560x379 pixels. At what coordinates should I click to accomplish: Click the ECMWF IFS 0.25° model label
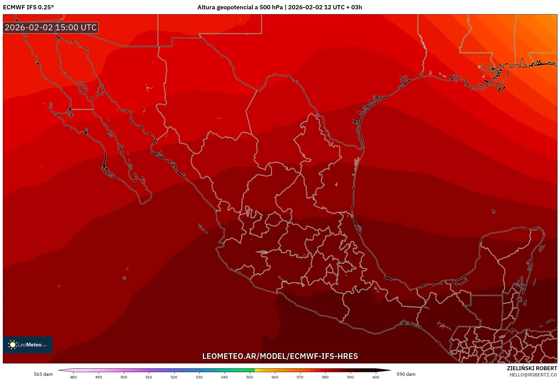[x=28, y=7]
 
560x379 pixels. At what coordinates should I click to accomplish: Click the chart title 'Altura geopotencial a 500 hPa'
[x=240, y=7]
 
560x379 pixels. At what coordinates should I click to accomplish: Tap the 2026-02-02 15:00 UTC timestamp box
[x=51, y=27]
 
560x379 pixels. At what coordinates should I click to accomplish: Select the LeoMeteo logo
[x=28, y=345]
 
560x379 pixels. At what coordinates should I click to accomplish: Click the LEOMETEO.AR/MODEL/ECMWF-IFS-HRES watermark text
[x=280, y=356]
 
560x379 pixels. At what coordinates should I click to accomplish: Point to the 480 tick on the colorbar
[x=73, y=377]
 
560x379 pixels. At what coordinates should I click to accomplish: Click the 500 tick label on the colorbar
[x=124, y=377]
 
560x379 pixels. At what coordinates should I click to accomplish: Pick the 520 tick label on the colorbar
[x=174, y=377]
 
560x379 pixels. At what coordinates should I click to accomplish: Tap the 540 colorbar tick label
[x=224, y=377]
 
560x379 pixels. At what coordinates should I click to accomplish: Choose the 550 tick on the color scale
[x=250, y=377]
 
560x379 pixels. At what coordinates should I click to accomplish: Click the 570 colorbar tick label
[x=300, y=377]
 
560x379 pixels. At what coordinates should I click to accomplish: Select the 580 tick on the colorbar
[x=325, y=377]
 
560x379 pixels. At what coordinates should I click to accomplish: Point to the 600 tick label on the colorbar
[x=376, y=377]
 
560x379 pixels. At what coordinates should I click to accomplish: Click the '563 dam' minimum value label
[x=43, y=374]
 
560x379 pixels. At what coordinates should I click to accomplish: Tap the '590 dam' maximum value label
[x=406, y=374]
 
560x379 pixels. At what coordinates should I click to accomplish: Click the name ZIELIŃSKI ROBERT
[x=532, y=368]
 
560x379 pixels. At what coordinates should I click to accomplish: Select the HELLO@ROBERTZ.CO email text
[x=533, y=375]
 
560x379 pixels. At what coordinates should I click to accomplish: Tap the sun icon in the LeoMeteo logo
[x=12, y=345]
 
